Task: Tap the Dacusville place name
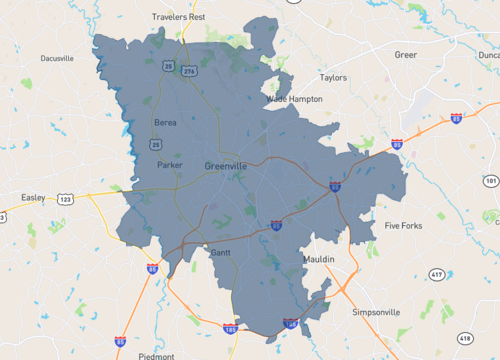coord(57,58)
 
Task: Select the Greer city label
coord(405,54)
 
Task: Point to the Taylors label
coord(332,77)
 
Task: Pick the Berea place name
coord(165,123)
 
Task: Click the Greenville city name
coord(225,165)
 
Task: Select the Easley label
coord(34,197)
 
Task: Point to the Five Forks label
coord(404,226)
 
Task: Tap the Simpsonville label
coord(376,312)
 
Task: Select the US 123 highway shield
coord(64,200)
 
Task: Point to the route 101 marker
coord(490,181)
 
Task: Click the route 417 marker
coord(436,274)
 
